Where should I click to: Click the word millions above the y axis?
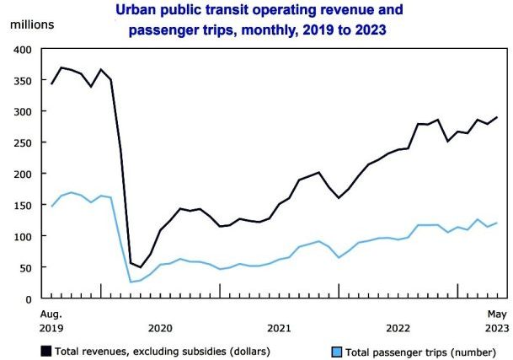[x=32, y=23]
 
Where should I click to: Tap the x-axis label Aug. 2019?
[x=51, y=320]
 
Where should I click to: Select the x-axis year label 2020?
[x=159, y=327]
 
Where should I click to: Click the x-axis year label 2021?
[x=279, y=327]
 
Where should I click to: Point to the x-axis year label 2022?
[x=398, y=327]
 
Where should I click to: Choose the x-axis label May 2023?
[x=494, y=320]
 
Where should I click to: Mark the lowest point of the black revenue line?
[x=141, y=267]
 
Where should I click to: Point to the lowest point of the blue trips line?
[x=131, y=282]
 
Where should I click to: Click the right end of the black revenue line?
[x=496, y=117]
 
